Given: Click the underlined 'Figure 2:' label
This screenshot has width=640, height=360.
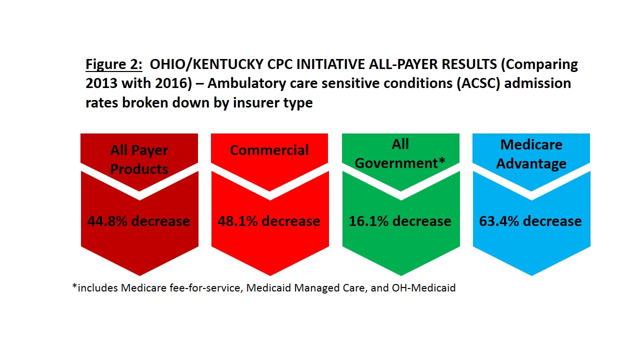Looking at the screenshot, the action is tap(113, 64).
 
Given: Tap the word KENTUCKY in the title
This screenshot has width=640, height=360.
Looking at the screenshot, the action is tap(228, 64).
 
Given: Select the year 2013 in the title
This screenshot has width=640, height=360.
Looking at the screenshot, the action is tap(101, 83).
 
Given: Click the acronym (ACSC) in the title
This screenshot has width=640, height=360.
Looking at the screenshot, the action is tap(478, 83).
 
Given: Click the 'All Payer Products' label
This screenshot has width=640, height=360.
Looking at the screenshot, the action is tap(139, 159).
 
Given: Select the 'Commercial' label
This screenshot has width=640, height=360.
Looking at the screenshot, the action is tap(269, 150).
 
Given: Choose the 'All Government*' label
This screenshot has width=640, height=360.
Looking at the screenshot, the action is tap(400, 153).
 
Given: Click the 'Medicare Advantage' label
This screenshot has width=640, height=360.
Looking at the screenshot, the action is tap(531, 154).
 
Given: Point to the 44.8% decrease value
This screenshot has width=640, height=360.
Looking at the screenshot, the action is tap(138, 221).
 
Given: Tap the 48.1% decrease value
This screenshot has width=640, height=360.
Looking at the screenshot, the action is tap(269, 221).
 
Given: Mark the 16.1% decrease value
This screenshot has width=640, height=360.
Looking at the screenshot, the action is tap(400, 221).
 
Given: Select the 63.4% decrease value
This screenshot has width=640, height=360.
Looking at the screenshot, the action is tap(530, 221).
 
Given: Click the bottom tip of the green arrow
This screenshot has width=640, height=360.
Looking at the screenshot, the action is tap(401, 275).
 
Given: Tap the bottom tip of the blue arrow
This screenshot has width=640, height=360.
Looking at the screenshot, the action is tap(531, 275).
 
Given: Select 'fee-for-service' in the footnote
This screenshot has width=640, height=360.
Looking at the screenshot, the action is tap(206, 287).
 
